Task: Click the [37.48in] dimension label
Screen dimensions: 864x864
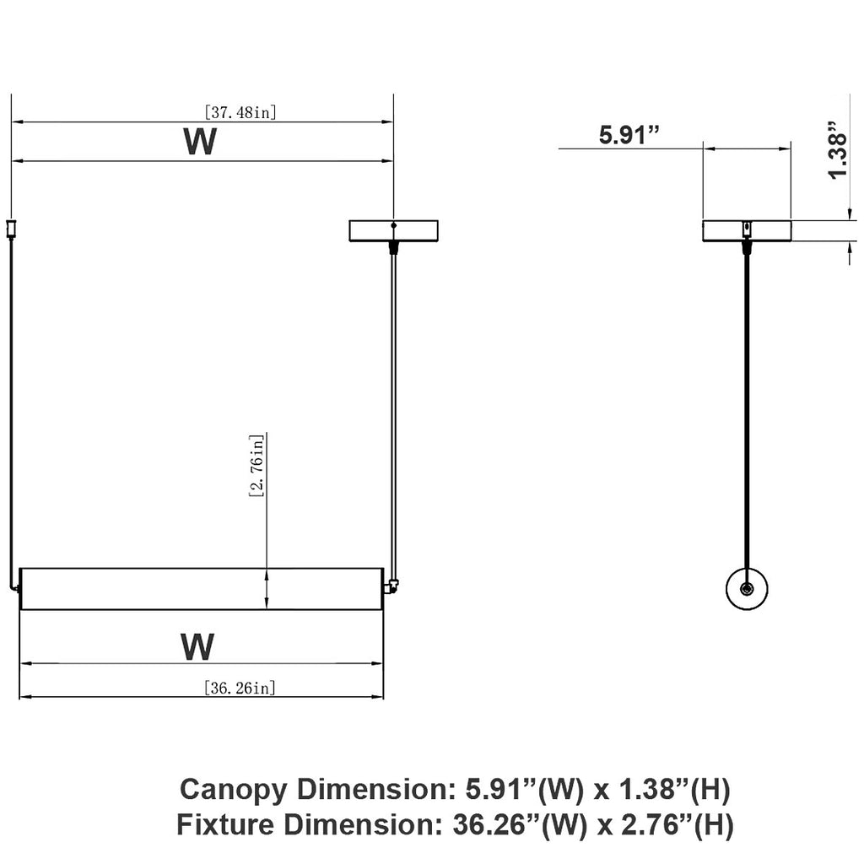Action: [x=240, y=112]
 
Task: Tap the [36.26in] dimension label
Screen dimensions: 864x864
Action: [x=240, y=688]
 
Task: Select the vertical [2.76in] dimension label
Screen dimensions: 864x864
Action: [x=256, y=466]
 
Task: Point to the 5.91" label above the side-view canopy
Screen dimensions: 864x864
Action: [x=629, y=134]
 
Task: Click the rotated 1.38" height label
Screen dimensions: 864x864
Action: [x=838, y=149]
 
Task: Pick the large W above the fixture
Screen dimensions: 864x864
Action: [x=200, y=142]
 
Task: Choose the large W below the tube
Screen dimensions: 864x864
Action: [x=197, y=647]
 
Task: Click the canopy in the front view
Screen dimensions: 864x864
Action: [x=393, y=231]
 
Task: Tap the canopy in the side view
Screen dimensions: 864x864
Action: [x=747, y=231]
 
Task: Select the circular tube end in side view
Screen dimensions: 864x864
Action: [x=747, y=588]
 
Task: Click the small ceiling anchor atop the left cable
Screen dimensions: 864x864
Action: [x=10, y=229]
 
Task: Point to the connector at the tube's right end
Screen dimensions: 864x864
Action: [x=391, y=586]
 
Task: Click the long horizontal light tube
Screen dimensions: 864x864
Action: [x=202, y=588]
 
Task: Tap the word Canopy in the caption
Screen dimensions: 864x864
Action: [x=234, y=791]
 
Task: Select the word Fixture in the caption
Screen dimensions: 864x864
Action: [x=224, y=825]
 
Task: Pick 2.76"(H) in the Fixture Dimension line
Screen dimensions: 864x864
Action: [x=678, y=826]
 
